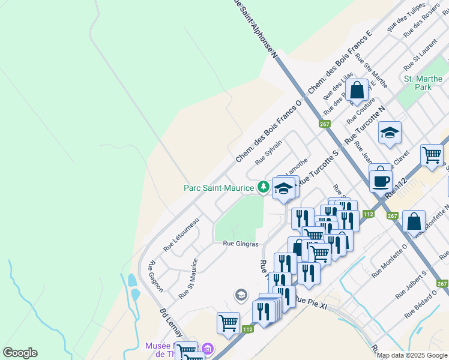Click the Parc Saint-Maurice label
pos(219,188)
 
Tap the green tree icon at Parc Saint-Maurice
pos(263,188)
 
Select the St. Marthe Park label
pos(418,83)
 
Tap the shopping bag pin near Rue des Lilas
pos(357,91)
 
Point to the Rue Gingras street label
pos(241,244)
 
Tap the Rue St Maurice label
pos(188,279)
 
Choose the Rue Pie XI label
pos(310,299)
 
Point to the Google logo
pos(20,353)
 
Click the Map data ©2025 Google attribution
pos(411,355)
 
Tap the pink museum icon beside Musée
pos(208,348)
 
